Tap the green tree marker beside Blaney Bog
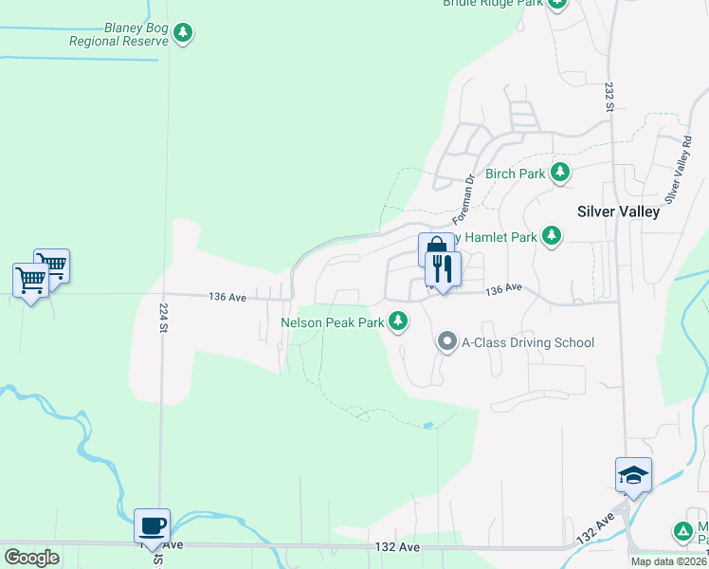[x=183, y=34]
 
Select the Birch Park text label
[x=515, y=174]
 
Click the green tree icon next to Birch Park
[x=561, y=172]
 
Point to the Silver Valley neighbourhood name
[x=618, y=212]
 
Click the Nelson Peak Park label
[x=332, y=322]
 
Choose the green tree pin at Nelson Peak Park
[x=399, y=321]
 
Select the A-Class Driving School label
[x=527, y=342]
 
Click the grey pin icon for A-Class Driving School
[x=446, y=340]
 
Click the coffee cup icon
[x=152, y=524]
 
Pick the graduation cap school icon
[x=632, y=474]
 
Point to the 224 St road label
[x=163, y=318]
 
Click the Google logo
[x=32, y=559]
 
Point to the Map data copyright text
[x=669, y=561]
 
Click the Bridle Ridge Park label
[x=492, y=3]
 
